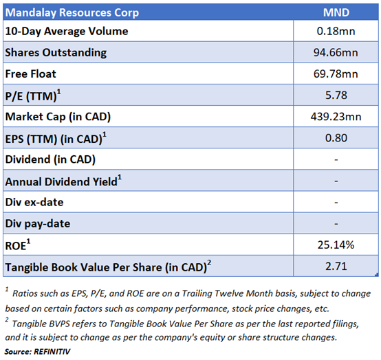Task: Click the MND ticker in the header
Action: (336, 12)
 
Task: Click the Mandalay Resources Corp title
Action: (72, 13)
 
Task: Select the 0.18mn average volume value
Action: (336, 31)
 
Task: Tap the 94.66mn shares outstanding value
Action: (336, 52)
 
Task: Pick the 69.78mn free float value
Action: (336, 74)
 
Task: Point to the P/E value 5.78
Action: (336, 95)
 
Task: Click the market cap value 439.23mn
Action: (336, 117)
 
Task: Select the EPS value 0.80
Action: (336, 138)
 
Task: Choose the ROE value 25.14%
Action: (336, 245)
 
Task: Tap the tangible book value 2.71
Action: (336, 267)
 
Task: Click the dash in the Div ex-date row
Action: (336, 203)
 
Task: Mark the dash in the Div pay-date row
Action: (336, 224)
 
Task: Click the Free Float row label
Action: (31, 74)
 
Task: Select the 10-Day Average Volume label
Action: (67, 32)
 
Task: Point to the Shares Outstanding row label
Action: (56, 53)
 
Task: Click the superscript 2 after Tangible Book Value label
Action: (209, 263)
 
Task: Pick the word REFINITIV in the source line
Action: (52, 352)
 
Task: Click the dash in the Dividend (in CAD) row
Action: (336, 159)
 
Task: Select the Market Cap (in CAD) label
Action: (58, 117)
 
